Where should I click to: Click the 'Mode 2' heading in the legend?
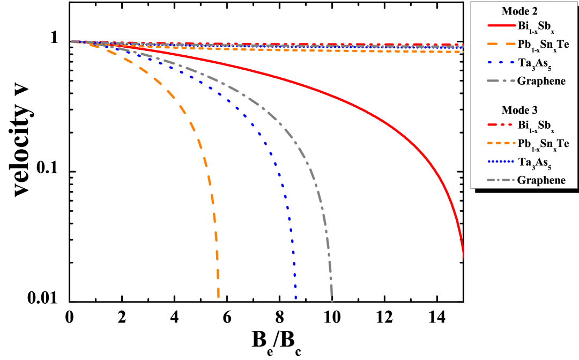point(519,11)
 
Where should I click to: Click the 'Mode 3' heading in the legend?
point(519,110)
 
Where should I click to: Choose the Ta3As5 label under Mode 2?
point(536,63)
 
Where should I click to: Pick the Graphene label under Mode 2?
point(541,81)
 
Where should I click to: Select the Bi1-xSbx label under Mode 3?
point(536,126)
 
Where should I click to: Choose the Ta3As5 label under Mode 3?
point(536,162)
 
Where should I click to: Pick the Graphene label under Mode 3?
point(541,180)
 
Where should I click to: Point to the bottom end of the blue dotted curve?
point(296,297)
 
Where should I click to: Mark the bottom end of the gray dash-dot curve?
point(332,300)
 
